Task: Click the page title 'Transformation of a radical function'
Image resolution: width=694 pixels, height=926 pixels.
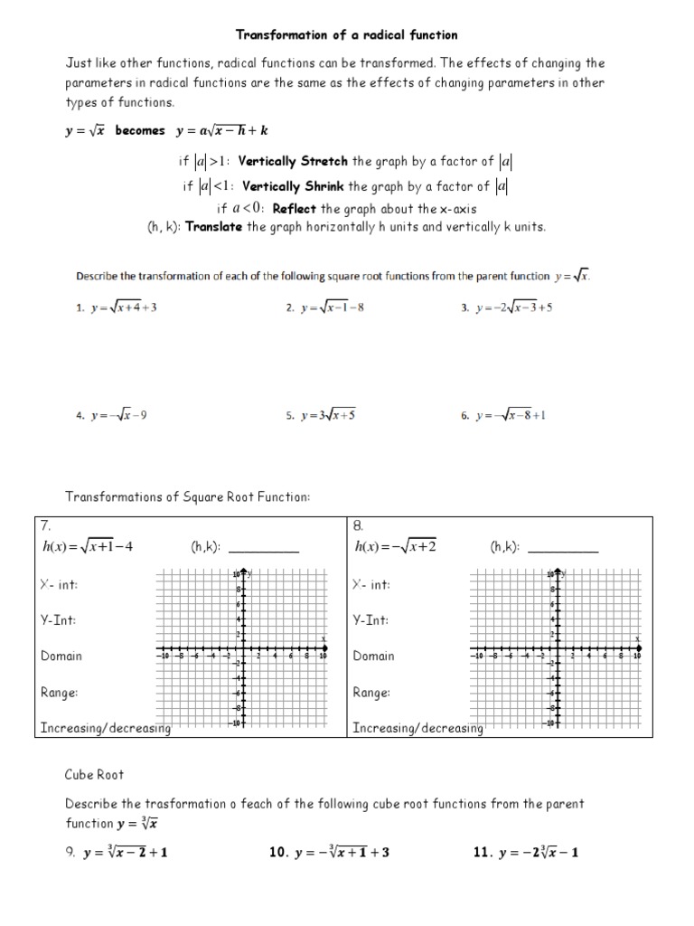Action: click(x=347, y=35)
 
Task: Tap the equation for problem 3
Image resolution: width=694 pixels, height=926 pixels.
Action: click(x=513, y=307)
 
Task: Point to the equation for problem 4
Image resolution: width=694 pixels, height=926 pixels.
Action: click(x=118, y=416)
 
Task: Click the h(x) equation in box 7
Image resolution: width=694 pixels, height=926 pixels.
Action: click(x=88, y=546)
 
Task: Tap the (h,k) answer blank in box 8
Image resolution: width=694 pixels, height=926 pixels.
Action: click(x=562, y=548)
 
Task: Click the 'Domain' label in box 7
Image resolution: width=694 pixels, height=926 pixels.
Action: click(x=61, y=657)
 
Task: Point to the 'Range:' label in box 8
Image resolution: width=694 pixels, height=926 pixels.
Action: click(x=371, y=693)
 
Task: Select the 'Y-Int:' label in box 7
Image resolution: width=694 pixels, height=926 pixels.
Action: click(x=59, y=620)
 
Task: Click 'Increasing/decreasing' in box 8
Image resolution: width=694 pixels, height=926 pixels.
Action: click(x=417, y=728)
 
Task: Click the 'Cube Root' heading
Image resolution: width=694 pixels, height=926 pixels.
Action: click(x=95, y=775)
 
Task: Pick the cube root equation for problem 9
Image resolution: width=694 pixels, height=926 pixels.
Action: click(x=125, y=852)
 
